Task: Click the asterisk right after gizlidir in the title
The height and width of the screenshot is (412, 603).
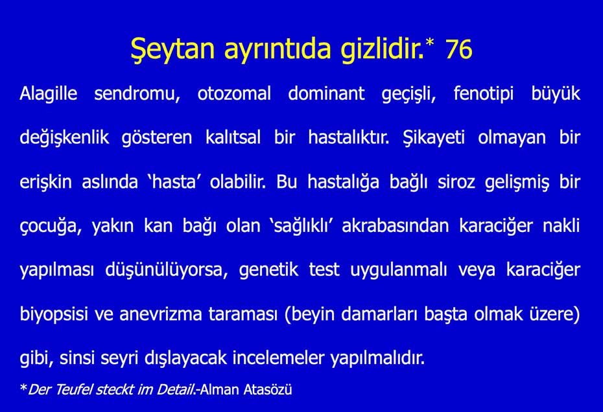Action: coord(429,43)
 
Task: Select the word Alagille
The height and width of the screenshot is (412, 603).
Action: coord(49,93)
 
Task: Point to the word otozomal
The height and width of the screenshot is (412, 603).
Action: coord(234,93)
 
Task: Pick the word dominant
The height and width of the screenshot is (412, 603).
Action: coord(326,93)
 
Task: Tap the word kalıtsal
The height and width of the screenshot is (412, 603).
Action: coord(230,137)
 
